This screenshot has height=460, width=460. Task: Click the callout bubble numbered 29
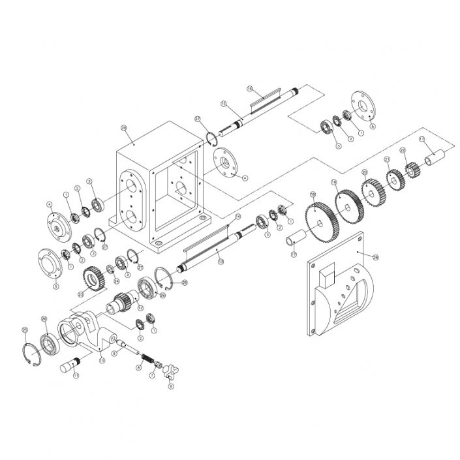pos(123,128)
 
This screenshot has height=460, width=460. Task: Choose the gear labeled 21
pos(394,179)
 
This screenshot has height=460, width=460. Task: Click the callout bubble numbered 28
pos(375,257)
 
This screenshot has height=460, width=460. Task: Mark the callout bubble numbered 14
pos(238,216)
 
